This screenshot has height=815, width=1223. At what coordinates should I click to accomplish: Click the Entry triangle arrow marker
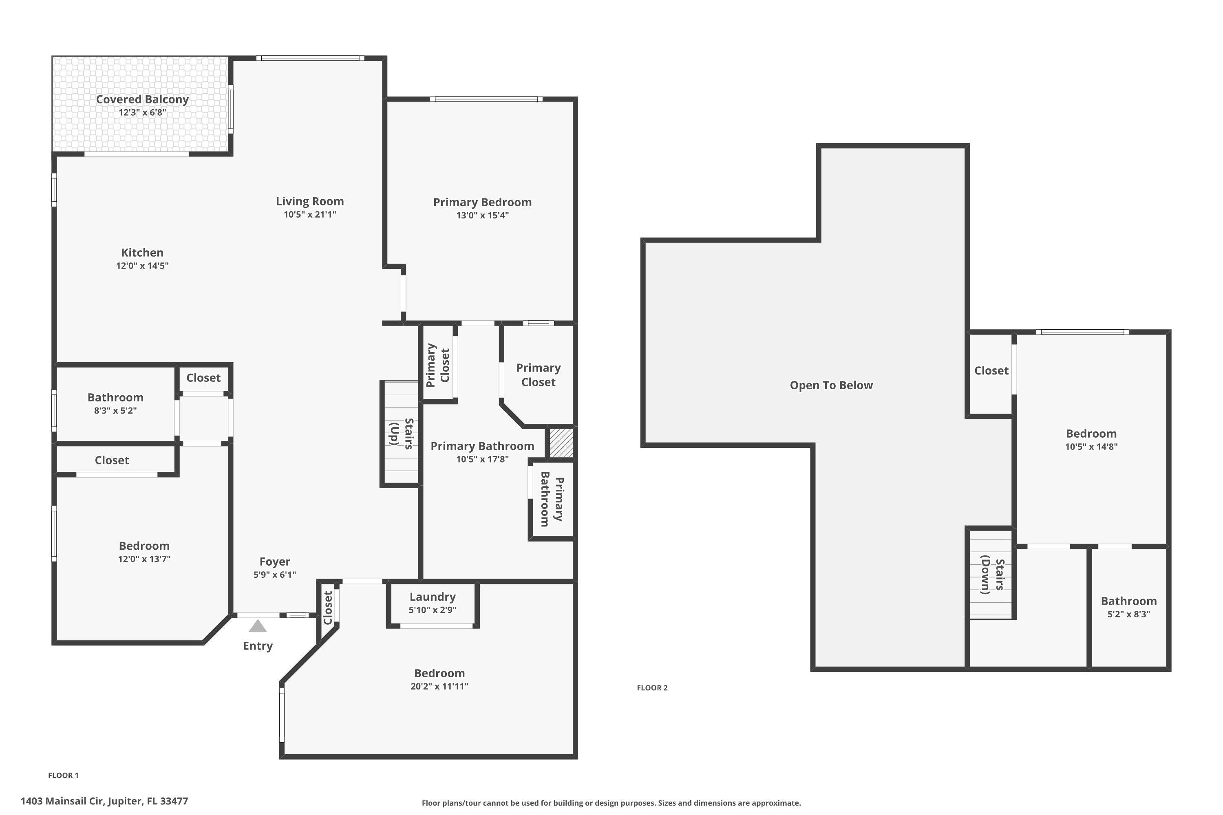pyautogui.click(x=257, y=626)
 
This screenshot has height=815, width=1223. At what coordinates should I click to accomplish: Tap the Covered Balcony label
pyautogui.click(x=142, y=99)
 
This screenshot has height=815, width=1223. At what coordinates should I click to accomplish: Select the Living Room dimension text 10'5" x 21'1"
pyautogui.click(x=310, y=215)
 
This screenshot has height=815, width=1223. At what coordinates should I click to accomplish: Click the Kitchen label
pyautogui.click(x=142, y=253)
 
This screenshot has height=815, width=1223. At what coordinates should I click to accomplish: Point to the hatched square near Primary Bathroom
pyautogui.click(x=561, y=443)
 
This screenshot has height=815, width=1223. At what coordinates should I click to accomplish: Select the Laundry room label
pyautogui.click(x=432, y=597)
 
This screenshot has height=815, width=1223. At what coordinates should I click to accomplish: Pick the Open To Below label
pyautogui.click(x=831, y=385)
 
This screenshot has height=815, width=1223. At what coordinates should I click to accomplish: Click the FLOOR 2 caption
pyautogui.click(x=652, y=688)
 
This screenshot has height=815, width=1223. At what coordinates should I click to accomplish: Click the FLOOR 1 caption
pyautogui.click(x=63, y=775)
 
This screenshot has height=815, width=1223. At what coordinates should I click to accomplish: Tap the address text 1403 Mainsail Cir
pyautogui.click(x=104, y=801)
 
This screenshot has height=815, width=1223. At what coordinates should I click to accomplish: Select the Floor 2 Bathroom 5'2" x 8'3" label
pyautogui.click(x=1128, y=607)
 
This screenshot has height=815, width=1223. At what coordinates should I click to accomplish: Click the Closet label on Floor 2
pyautogui.click(x=991, y=370)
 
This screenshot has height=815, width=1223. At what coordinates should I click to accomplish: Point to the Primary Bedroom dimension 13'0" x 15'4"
pyautogui.click(x=482, y=216)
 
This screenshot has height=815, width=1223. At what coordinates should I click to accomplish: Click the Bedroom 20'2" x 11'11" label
pyautogui.click(x=439, y=679)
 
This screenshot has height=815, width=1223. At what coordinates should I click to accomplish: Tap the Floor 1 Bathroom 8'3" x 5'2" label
pyautogui.click(x=115, y=403)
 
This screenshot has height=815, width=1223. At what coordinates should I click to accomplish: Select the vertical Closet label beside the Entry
pyautogui.click(x=328, y=608)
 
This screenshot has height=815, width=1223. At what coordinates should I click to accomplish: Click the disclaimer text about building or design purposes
pyautogui.click(x=611, y=803)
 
